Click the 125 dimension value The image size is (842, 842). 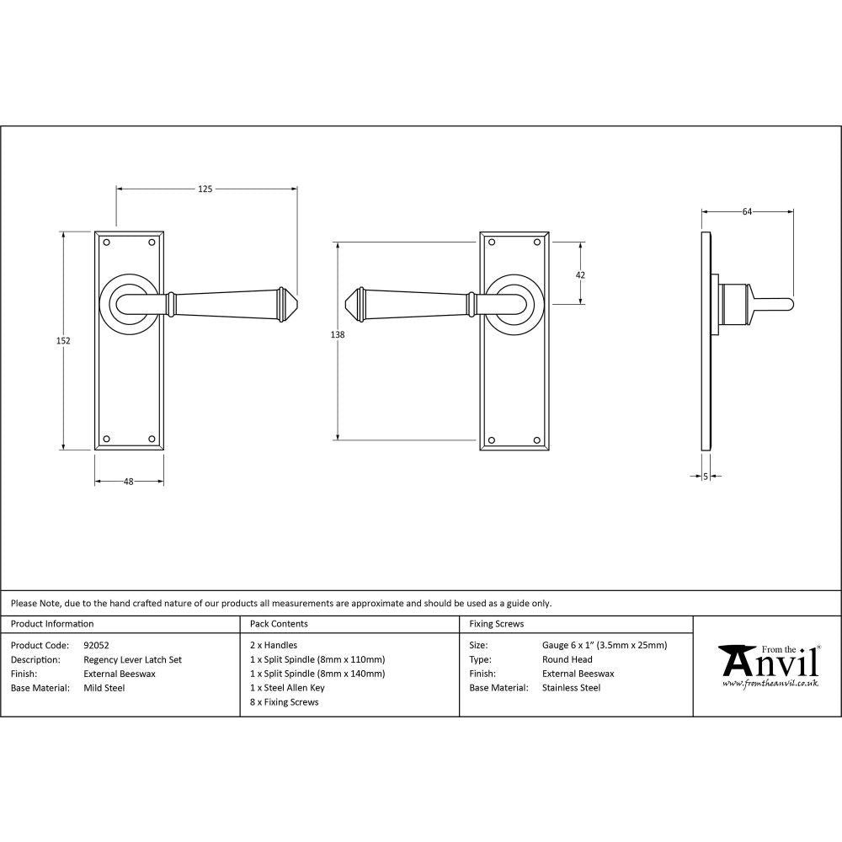click(205, 189)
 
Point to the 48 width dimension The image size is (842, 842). click(129, 482)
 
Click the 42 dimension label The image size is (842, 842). click(580, 274)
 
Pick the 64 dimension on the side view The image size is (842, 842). click(747, 211)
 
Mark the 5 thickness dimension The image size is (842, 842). click(705, 477)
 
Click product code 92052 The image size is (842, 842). click(97, 646)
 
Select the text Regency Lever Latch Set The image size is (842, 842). click(132, 660)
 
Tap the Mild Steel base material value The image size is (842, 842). click(104, 688)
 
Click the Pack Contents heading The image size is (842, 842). click(279, 624)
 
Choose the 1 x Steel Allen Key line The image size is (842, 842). click(287, 688)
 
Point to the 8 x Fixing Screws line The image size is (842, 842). click(285, 702)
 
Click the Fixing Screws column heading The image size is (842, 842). click(496, 624)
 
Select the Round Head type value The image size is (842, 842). click(568, 660)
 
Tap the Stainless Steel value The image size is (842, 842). click(571, 688)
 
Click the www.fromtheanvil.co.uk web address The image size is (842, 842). click(770, 684)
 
